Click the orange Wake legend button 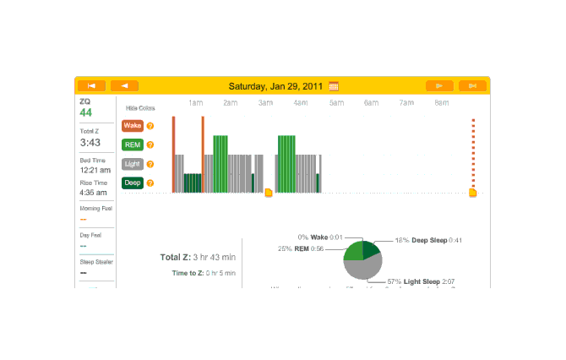(x=132, y=125)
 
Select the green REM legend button (x=132, y=145)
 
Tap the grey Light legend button (x=132, y=164)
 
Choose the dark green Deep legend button (x=132, y=183)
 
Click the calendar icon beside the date (x=334, y=85)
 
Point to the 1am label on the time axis (x=195, y=103)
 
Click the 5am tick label (x=336, y=103)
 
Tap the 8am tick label (x=442, y=103)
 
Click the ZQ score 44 (x=85, y=112)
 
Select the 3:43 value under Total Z (x=90, y=142)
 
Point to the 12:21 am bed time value (x=94, y=170)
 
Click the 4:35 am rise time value (x=94, y=193)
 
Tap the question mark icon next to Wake (x=150, y=126)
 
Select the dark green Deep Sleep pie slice (x=372, y=249)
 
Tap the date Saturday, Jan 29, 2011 (x=277, y=85)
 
